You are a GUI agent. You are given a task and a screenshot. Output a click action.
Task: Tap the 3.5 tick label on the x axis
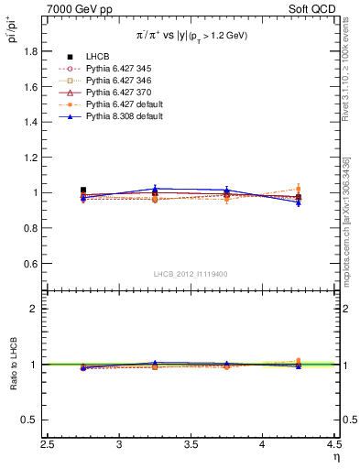191,445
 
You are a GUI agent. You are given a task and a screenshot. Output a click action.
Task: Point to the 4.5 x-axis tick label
333,445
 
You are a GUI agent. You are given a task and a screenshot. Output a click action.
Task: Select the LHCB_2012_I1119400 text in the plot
190,274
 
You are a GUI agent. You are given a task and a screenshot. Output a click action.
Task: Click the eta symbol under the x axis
335,456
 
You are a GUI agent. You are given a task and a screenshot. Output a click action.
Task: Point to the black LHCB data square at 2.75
83,191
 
